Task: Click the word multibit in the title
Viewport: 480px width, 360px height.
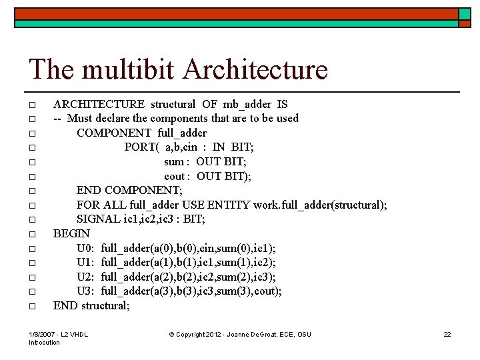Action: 127,69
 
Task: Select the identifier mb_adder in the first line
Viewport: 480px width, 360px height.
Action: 247,104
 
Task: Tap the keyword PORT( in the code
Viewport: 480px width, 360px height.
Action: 139,147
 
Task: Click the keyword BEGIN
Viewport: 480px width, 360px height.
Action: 71,234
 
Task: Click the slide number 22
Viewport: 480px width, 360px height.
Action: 447,334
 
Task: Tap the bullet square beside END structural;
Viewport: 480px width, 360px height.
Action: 32,307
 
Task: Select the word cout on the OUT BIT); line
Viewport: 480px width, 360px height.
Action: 175,176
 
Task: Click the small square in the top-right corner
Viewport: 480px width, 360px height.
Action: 465,14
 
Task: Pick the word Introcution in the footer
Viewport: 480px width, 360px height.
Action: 44,343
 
